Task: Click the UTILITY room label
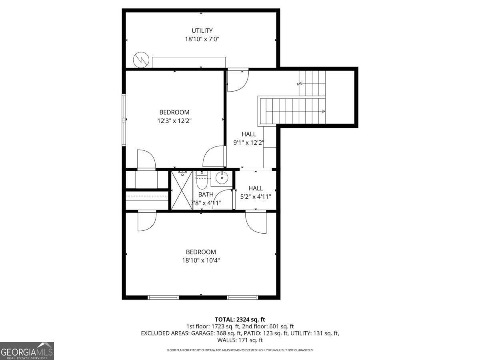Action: click(x=202, y=30)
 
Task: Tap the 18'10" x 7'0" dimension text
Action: click(x=202, y=39)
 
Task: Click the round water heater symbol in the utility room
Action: click(x=140, y=60)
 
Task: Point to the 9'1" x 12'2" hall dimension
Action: click(x=248, y=142)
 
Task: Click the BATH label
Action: click(x=206, y=194)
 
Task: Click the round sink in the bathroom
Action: click(x=221, y=178)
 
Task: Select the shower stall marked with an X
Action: click(x=182, y=190)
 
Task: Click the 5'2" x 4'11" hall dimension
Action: click(x=256, y=196)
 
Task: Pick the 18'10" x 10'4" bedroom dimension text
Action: click(x=201, y=260)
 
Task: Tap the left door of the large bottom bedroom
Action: click(x=146, y=221)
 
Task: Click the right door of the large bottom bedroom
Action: click(x=256, y=222)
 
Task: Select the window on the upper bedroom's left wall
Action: click(x=124, y=120)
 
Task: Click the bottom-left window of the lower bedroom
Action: click(x=163, y=297)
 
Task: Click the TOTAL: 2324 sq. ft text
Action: click(x=240, y=319)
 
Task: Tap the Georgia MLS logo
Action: click(x=27, y=351)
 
